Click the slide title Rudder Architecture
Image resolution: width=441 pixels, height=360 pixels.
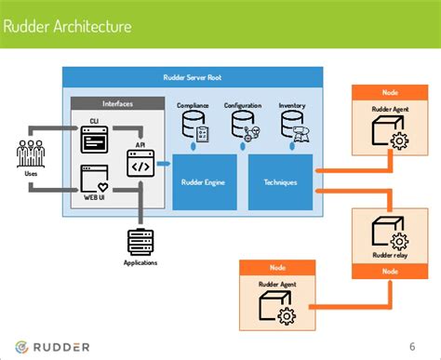[x=71, y=26]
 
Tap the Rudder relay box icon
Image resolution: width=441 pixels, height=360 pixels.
[x=384, y=232]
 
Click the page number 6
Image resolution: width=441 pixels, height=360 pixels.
[x=411, y=347]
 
